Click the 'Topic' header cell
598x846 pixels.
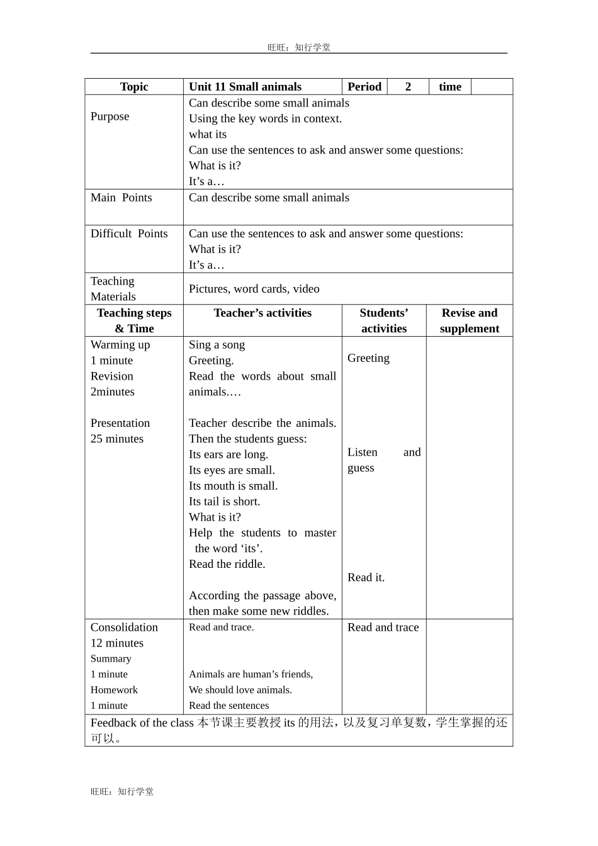tap(134, 87)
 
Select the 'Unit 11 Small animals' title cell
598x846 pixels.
tap(245, 87)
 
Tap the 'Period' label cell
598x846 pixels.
tap(364, 87)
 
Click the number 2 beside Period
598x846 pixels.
tap(408, 87)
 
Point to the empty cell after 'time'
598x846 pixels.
tap(492, 87)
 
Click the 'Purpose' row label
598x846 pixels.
tap(110, 116)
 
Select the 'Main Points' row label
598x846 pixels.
tap(121, 198)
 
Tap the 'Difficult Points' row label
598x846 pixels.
tap(129, 234)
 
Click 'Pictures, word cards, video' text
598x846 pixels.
tap(254, 289)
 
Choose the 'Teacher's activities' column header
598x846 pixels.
tap(262, 313)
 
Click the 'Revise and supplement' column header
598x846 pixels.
tap(470, 320)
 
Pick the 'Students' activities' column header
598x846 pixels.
tap(384, 320)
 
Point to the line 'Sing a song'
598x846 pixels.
tap(217, 345)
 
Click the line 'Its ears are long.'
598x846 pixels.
tap(228, 454)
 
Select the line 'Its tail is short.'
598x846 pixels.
tap(224, 502)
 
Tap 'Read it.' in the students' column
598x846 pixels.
tap(366, 578)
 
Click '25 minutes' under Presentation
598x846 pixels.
tap(117, 439)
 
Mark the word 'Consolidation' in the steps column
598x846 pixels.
tap(124, 628)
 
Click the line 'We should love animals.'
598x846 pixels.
tap(240, 690)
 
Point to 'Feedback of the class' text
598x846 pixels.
tap(142, 723)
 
